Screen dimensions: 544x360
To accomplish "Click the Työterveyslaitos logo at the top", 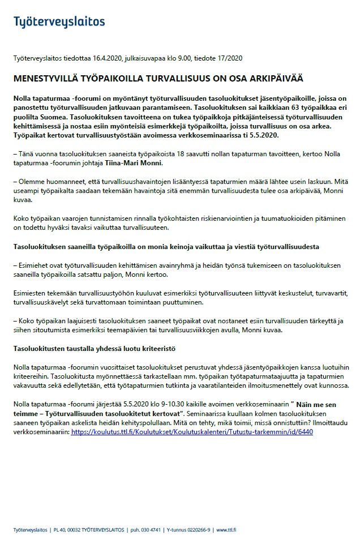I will pos(59,22).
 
